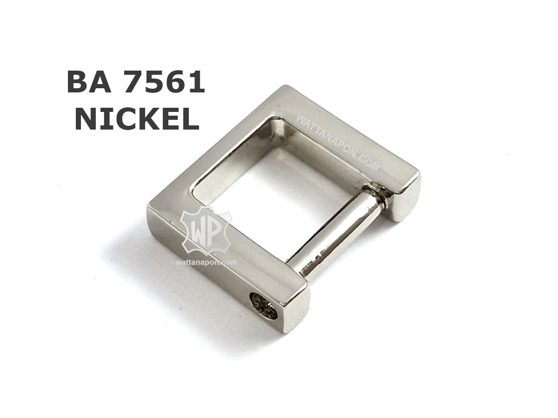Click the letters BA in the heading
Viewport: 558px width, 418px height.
point(89,82)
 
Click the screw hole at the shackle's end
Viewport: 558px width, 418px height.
point(264,307)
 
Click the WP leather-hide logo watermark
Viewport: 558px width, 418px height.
point(206,231)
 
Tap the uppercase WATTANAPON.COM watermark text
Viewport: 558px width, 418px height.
point(338,144)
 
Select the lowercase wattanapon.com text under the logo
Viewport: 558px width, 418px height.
point(206,262)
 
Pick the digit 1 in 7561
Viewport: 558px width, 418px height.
point(196,82)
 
